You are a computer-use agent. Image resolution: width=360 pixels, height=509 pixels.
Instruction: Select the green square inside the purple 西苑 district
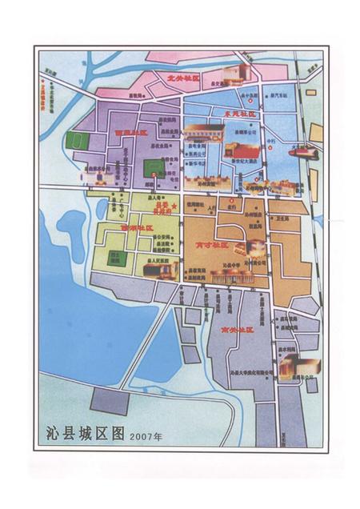(x=153, y=168)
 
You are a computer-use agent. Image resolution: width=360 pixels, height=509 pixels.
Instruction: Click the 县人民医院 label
(x=160, y=261)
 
